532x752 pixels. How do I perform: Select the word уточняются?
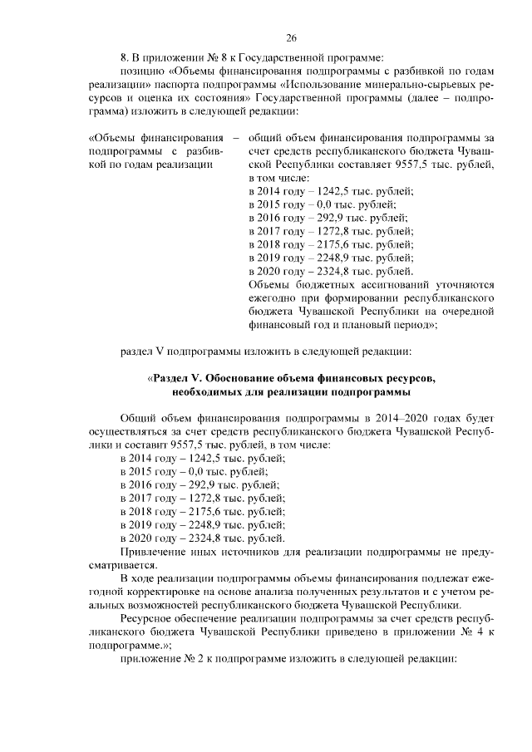[x=463, y=284]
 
